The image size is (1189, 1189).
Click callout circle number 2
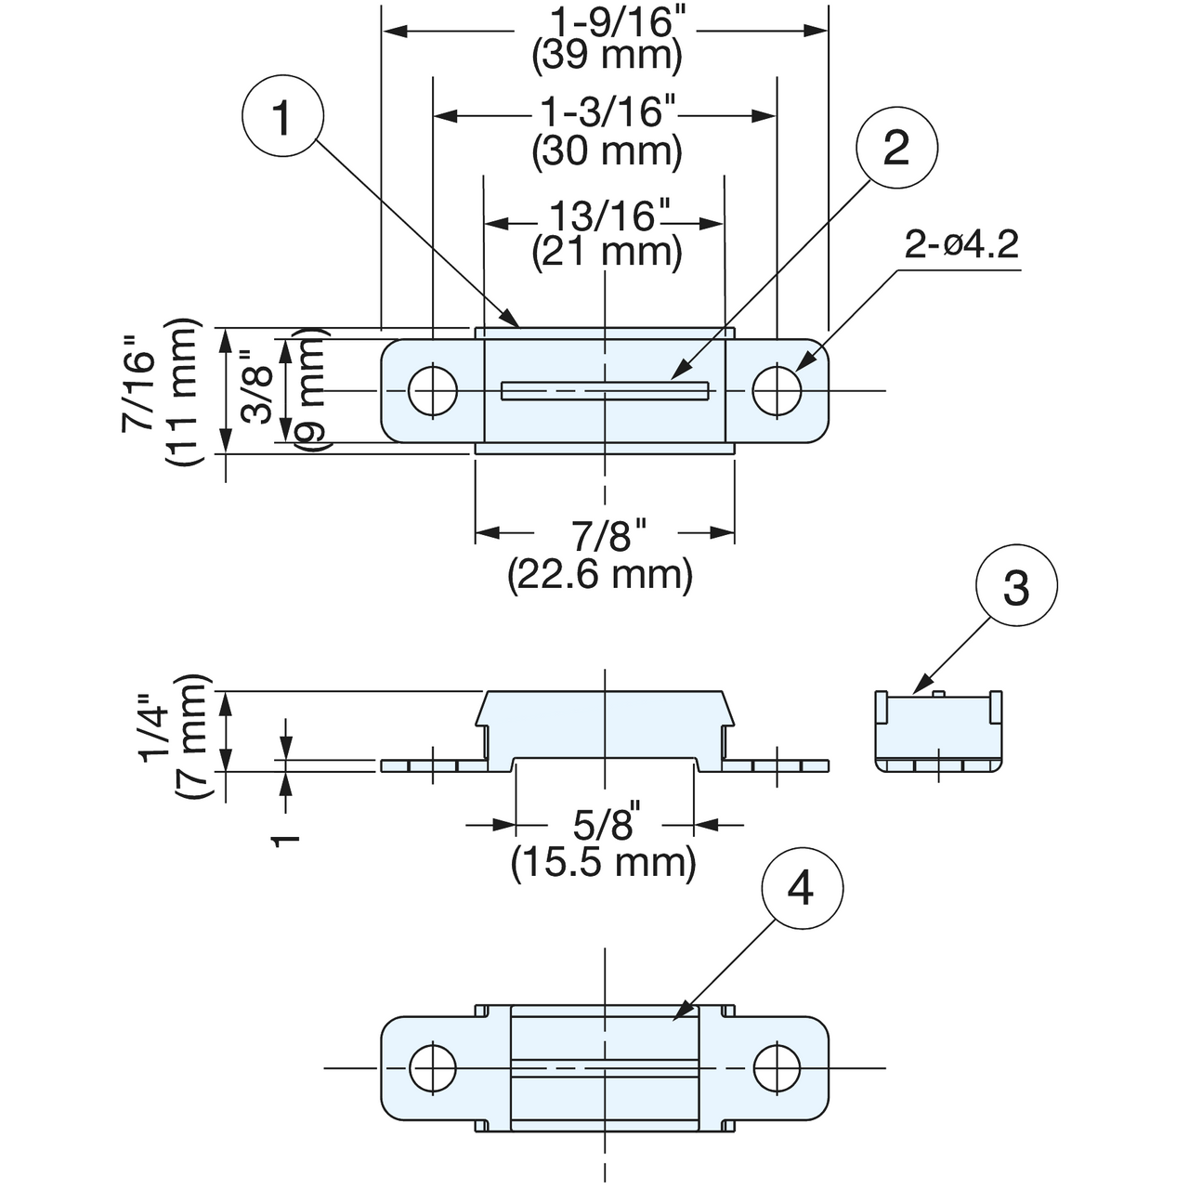(896, 148)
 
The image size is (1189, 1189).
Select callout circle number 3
(1016, 585)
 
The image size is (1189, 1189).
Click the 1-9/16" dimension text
(606, 23)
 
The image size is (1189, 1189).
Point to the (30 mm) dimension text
(608, 150)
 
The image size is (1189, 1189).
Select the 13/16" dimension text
(602, 216)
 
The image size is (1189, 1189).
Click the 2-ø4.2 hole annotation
(960, 245)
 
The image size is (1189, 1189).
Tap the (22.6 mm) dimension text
(600, 574)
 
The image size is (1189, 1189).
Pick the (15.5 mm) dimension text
(603, 862)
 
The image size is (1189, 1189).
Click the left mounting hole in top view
(433, 390)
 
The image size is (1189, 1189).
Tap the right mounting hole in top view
(777, 390)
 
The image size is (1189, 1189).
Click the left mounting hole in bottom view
(433, 1068)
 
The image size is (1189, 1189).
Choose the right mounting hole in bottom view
(777, 1068)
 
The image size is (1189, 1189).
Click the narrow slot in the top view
(606, 391)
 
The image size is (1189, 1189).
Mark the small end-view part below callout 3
(938, 731)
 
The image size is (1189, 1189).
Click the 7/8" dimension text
(608, 536)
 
